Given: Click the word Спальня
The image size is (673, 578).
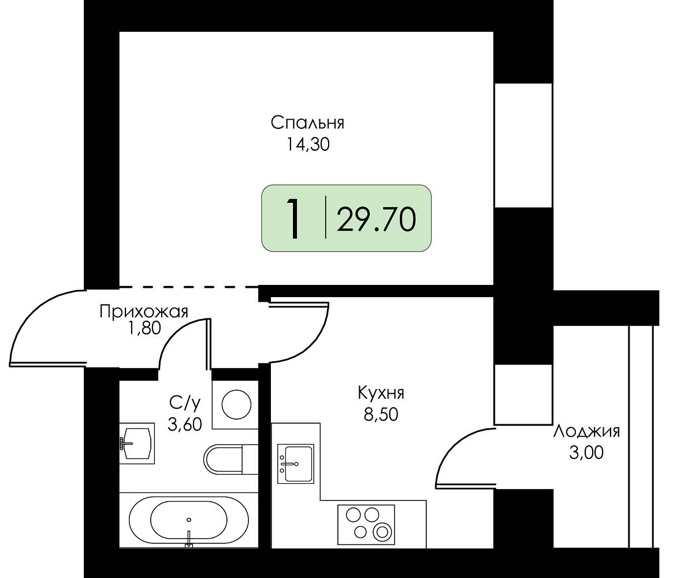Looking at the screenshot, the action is coord(307,123).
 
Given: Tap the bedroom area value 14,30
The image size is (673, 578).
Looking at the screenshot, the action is coord(308,144).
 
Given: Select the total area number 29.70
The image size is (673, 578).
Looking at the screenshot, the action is coord(377,220).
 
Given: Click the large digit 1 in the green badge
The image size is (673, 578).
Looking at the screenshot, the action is coord(293,218).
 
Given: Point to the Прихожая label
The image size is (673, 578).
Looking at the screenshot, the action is coord(144,312).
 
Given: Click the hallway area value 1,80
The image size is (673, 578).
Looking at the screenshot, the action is coord(144,328).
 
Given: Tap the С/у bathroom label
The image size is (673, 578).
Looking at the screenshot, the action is coord(185,403).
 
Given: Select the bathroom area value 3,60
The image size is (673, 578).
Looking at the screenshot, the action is coord(184,425).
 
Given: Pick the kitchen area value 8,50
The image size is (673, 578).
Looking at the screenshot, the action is coord(381,414).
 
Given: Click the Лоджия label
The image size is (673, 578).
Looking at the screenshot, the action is coord(586,431).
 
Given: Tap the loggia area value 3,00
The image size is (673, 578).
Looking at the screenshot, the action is coord(586,453).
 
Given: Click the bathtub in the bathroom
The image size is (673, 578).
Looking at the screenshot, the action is coord(189,520).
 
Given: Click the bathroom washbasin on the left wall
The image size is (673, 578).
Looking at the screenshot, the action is coord(136,443).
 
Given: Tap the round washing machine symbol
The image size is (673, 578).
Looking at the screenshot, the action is coord(236,404).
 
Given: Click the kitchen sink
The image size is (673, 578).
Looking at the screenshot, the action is coord(296,464).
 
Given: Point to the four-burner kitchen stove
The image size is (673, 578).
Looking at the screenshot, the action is coord(366,524).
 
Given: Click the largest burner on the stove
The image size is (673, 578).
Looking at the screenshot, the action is coord(382,533).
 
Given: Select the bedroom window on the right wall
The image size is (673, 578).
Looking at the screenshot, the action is coord(523,145).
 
